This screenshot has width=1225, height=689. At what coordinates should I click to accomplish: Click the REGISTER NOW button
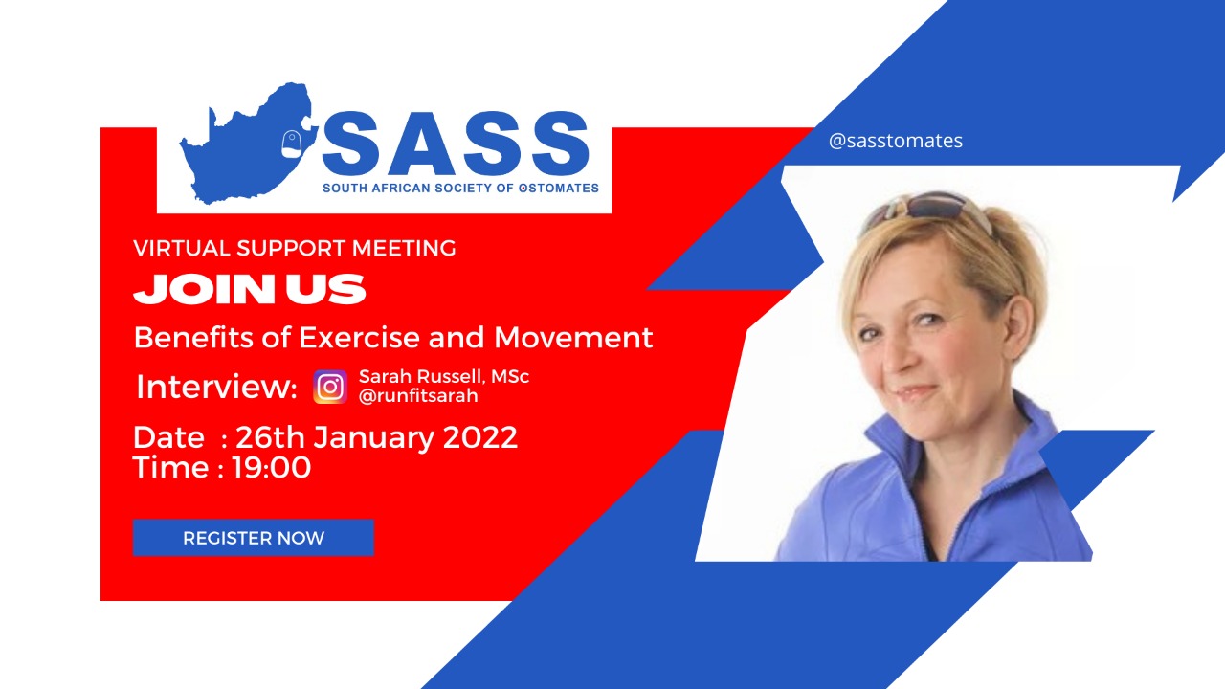pos(254,538)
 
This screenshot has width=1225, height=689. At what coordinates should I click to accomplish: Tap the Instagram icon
pos(330,387)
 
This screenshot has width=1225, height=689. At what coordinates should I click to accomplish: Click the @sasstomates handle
pos(896,141)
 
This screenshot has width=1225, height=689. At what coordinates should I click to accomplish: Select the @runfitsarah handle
pos(417,395)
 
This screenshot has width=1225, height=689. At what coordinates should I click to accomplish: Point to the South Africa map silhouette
pos(239,144)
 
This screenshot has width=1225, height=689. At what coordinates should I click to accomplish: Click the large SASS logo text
pos(455,144)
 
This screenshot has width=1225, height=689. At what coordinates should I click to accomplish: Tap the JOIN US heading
pos(250,289)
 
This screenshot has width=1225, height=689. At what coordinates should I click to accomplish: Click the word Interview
pos(216,387)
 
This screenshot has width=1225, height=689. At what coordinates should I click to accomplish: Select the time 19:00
pos(271,467)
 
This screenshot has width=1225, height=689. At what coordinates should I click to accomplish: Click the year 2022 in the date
pos(480,437)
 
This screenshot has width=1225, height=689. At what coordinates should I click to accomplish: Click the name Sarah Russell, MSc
pos(444,377)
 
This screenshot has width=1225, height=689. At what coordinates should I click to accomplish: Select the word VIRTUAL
pos(182,249)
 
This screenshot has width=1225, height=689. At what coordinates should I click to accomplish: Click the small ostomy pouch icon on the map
pos(292,144)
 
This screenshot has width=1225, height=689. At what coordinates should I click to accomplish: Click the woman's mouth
pos(916,392)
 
